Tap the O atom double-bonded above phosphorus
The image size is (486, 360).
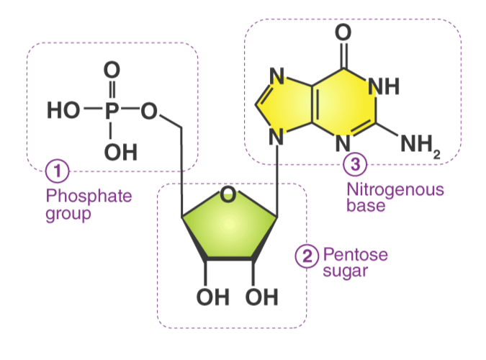(x=111, y=71)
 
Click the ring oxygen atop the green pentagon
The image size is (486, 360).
(x=228, y=194)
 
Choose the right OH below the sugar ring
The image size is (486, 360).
(x=261, y=296)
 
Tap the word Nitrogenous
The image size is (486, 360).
(x=395, y=190)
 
